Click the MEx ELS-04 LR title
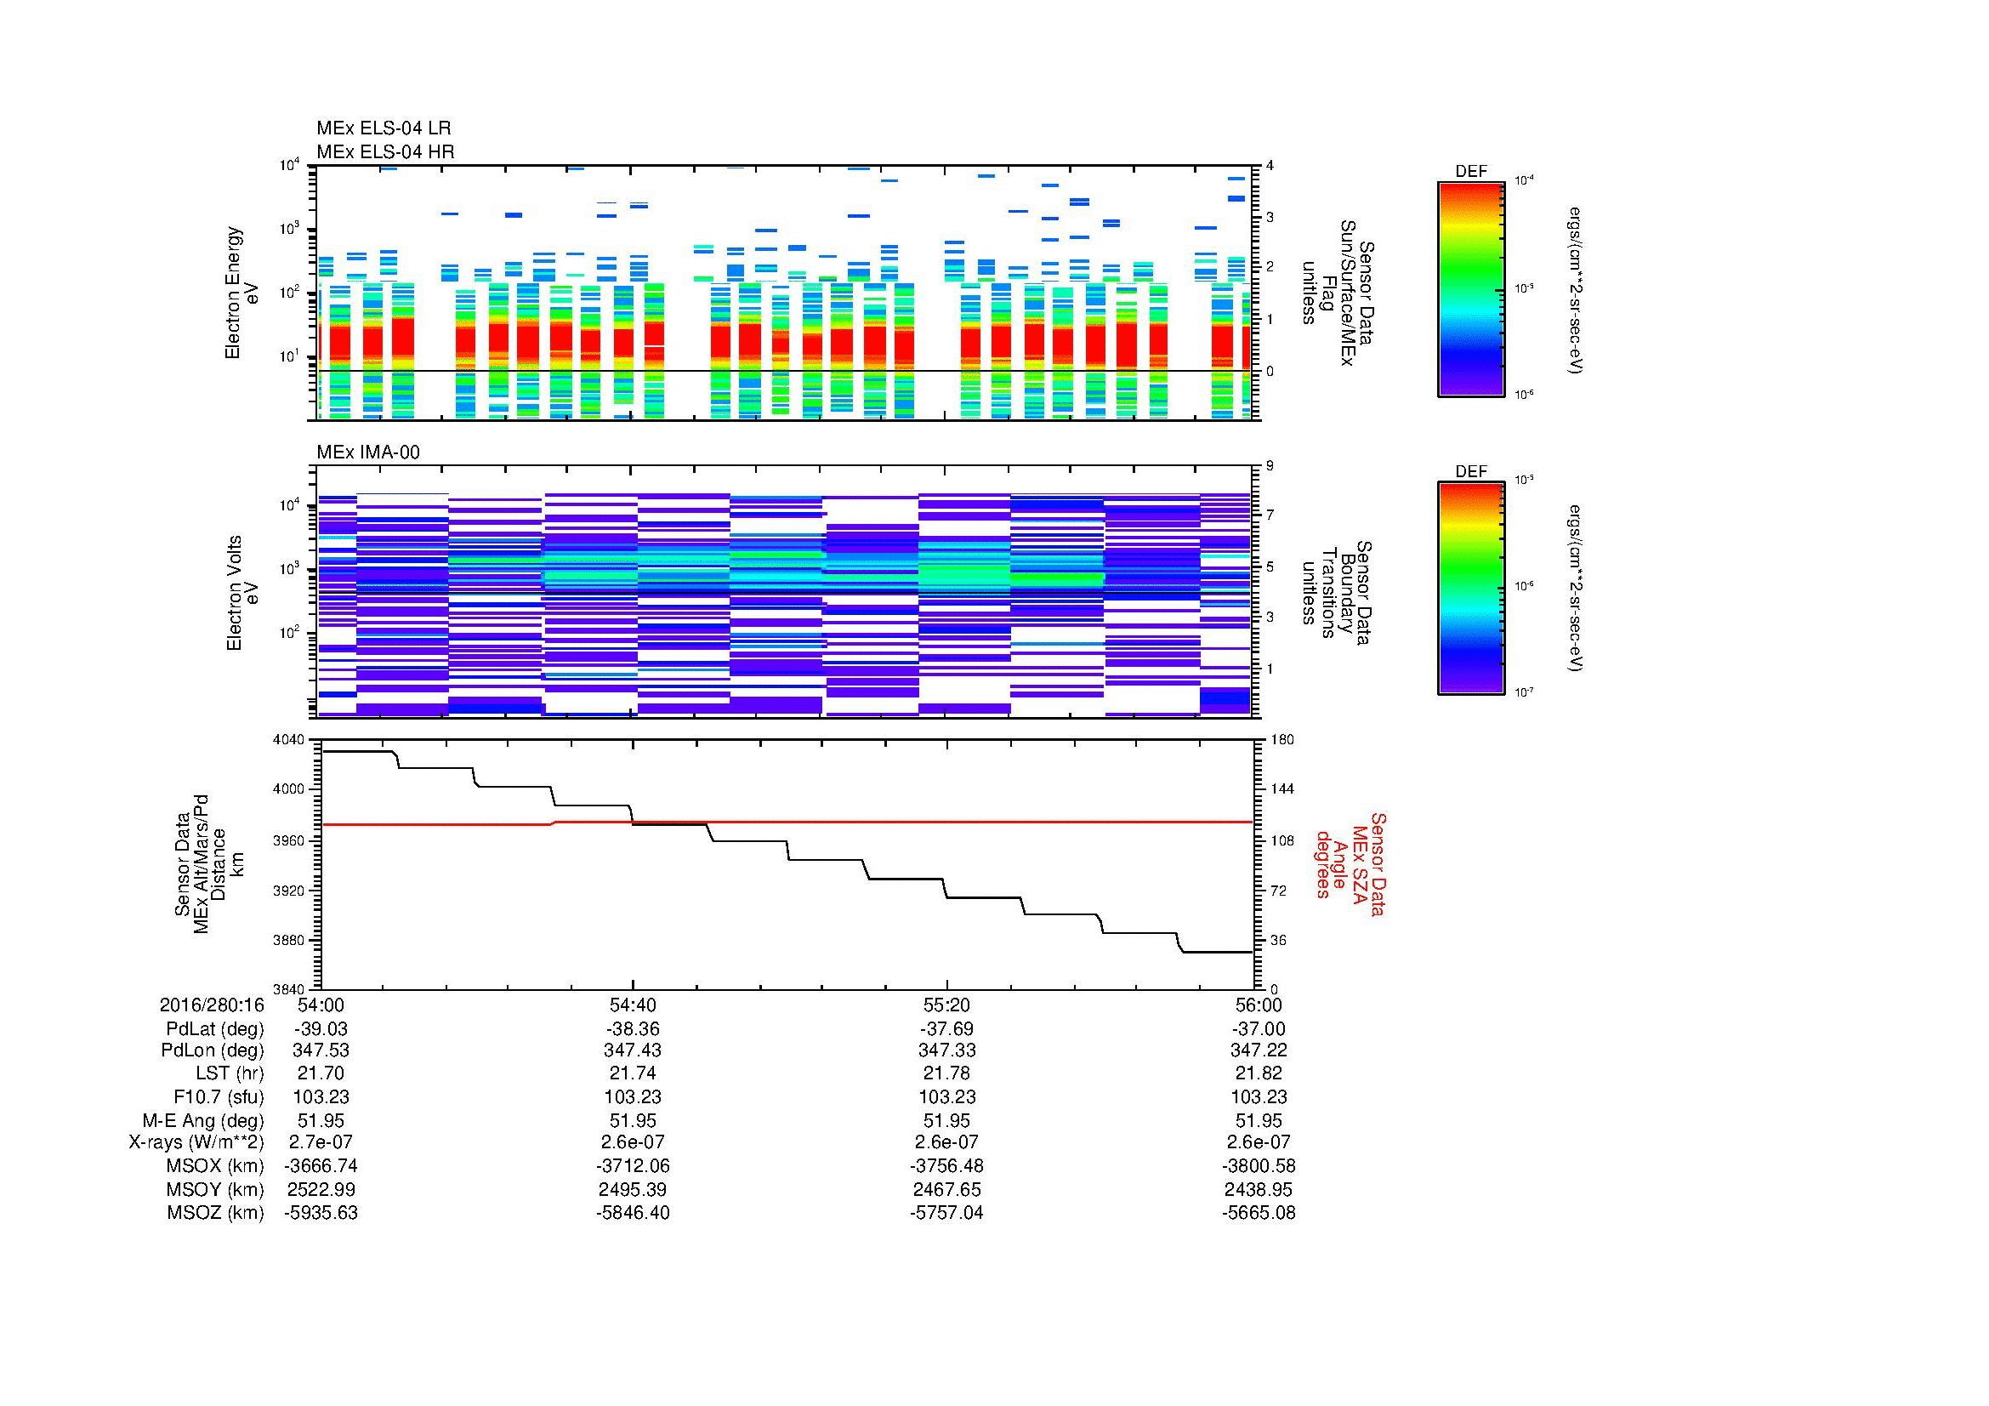pos(384,128)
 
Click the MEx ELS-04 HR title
pos(385,151)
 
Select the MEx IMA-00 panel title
pos(368,453)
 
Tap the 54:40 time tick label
pos(634,1005)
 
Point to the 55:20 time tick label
pos(946,1005)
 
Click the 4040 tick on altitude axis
pos(289,740)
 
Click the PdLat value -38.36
pos(634,1029)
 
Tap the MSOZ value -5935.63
pos(321,1213)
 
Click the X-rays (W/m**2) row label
pos(196,1142)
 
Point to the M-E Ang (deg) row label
pos(202,1120)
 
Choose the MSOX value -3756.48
pos(946,1166)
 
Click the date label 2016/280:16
pos(212,1005)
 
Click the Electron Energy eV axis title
pos(242,293)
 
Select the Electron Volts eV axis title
pos(242,593)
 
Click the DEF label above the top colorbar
pos(1470,172)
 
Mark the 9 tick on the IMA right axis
pos(1270,466)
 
